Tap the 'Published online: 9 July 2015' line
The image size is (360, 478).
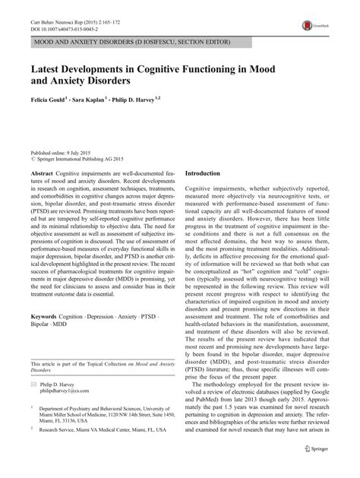(x=62, y=152)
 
